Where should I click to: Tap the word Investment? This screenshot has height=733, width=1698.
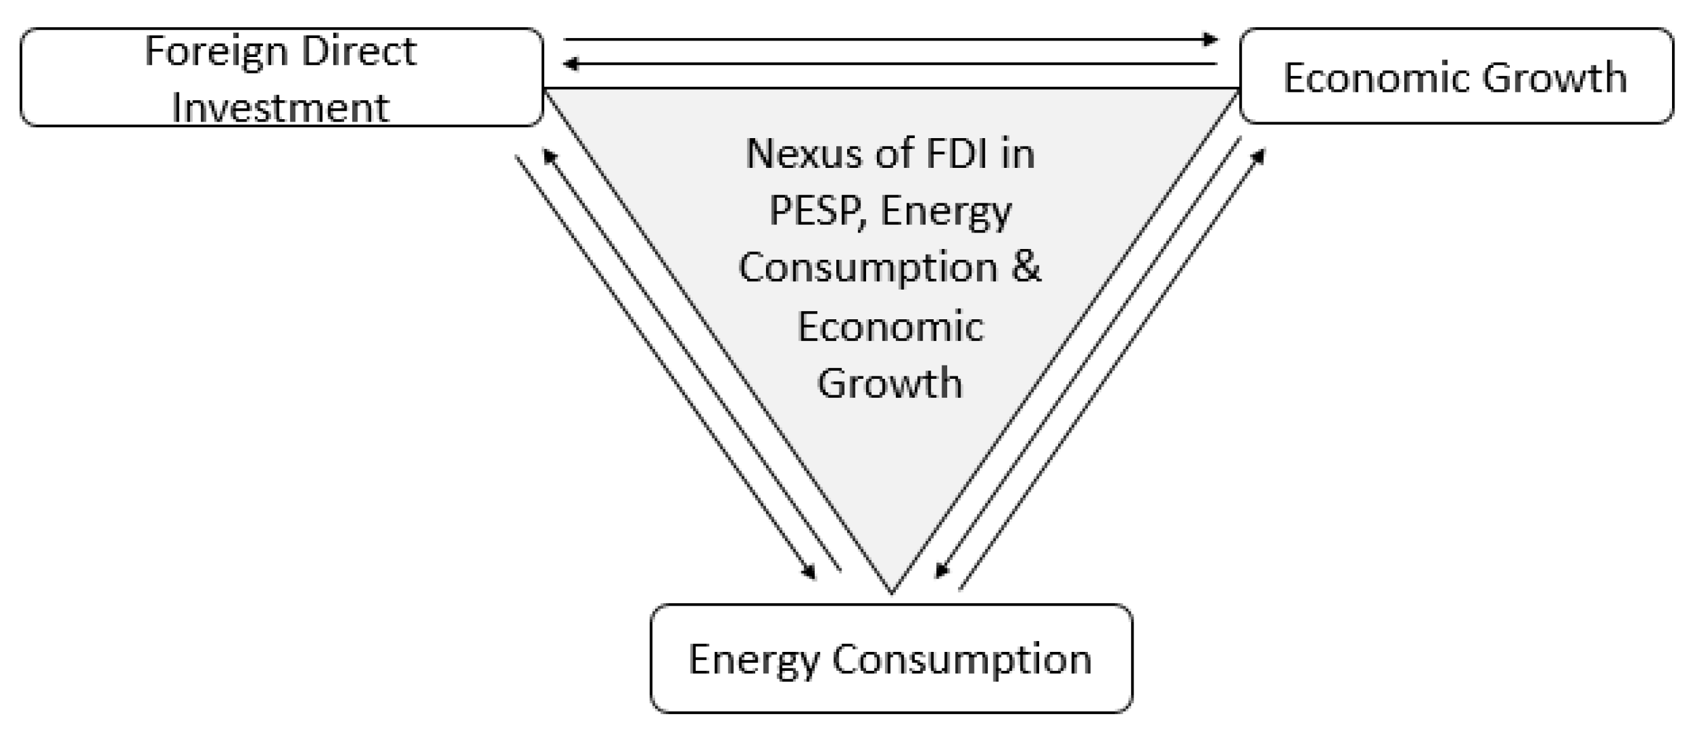click(281, 108)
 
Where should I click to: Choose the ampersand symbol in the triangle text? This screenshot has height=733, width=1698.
click(1026, 267)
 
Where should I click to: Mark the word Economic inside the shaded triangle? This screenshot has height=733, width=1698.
click(891, 326)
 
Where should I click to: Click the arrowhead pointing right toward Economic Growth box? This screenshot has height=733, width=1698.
click(1210, 39)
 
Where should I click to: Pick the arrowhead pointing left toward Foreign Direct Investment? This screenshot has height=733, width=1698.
click(571, 64)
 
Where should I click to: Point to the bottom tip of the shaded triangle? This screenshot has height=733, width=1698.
click(892, 591)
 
